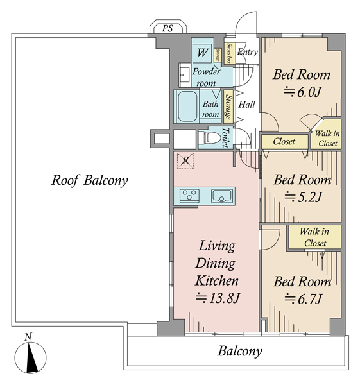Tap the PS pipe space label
point(167,28)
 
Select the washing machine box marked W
point(202,53)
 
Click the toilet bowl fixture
point(209,138)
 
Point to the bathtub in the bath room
point(187,107)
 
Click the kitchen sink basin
point(222,196)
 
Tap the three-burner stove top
point(189,196)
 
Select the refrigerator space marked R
point(185,161)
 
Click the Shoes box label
point(230,53)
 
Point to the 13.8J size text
point(217,298)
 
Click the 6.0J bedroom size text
point(302,92)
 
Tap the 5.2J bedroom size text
point(302,197)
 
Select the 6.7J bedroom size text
point(303,299)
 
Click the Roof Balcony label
point(89,180)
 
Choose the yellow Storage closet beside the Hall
point(228,107)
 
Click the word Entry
point(247,52)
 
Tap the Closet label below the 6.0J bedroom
point(284,141)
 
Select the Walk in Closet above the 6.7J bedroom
point(314,237)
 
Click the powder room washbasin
point(185,74)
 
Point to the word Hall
point(247,105)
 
